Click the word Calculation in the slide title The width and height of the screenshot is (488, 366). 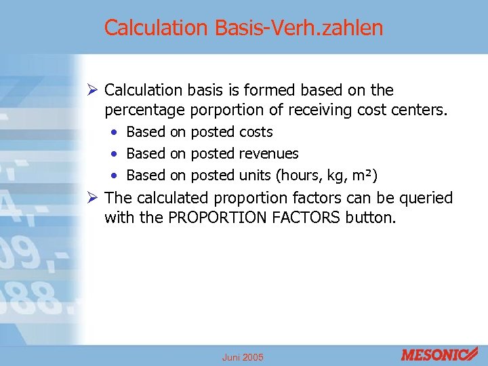(155, 28)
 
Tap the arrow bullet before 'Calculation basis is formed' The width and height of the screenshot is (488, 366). (94, 90)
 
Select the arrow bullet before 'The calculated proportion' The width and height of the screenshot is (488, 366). (94, 198)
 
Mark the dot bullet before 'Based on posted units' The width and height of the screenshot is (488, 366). (117, 176)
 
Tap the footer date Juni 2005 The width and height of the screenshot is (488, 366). (243, 357)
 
